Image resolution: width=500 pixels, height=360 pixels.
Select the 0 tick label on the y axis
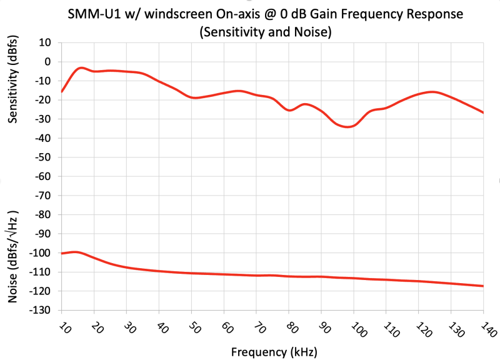pyautogui.click(x=50, y=62)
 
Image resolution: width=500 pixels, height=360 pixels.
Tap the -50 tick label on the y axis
pyautogui.click(x=45, y=157)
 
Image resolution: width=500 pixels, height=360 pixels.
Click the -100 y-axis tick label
pyautogui.click(x=42, y=253)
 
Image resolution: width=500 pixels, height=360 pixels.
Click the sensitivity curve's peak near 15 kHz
pyautogui.click(x=81, y=67)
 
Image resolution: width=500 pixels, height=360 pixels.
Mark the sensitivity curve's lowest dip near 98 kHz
pyautogui.click(x=347, y=127)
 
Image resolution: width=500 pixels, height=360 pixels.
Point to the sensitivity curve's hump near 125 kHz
pyautogui.click(x=432, y=92)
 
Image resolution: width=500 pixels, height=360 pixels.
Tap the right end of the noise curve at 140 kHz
pyautogui.click(x=482, y=286)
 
